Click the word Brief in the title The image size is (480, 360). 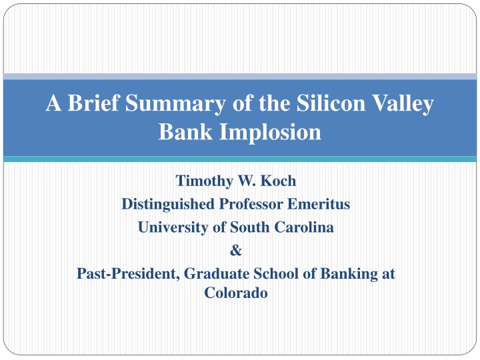[x=93, y=103]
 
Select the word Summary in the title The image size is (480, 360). [x=175, y=104]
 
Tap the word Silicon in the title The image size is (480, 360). [x=331, y=103]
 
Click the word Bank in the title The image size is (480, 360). [x=185, y=131]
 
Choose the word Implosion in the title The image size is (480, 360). [x=270, y=133]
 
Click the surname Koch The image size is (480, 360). [x=278, y=181]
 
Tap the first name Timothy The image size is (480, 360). [x=204, y=181]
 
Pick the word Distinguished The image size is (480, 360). [x=168, y=205]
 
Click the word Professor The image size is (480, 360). [x=251, y=204]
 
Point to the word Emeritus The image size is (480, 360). [x=319, y=204]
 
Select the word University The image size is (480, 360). [x=173, y=228]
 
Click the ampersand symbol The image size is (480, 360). [x=236, y=251]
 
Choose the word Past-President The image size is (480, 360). [x=128, y=274]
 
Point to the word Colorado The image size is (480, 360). [x=236, y=293]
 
